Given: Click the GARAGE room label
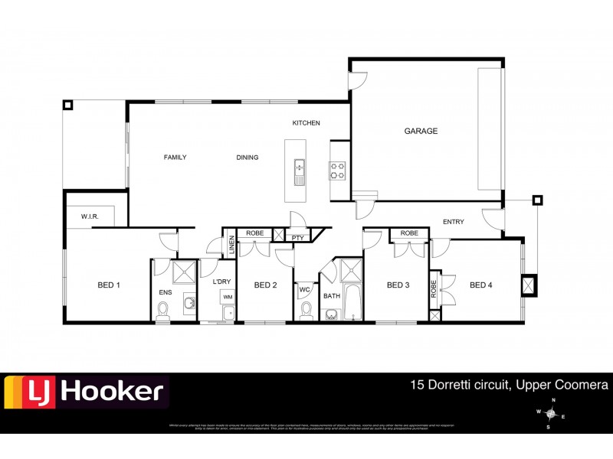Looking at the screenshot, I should coord(421,131).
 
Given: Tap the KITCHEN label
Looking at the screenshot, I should coord(306,123).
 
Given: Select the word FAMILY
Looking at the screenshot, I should coord(175,158).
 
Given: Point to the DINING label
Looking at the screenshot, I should coord(247,158).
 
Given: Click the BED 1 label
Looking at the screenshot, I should coord(109,285).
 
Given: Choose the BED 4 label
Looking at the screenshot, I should coord(480,285).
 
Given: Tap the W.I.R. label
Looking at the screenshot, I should coord(90,217).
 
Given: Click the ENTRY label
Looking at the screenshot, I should coord(453,222).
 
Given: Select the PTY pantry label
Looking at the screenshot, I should coord(297,238).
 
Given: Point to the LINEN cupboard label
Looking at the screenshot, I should coord(231,246).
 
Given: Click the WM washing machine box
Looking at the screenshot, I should coord(228,296).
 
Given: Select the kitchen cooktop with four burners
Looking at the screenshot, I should coord(337,171).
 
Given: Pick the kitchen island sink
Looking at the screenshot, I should coord(299,168).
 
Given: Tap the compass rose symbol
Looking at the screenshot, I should coord(549,414).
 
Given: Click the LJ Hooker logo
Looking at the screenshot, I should coord(86,392).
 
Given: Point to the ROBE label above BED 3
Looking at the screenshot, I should coord(409,233).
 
